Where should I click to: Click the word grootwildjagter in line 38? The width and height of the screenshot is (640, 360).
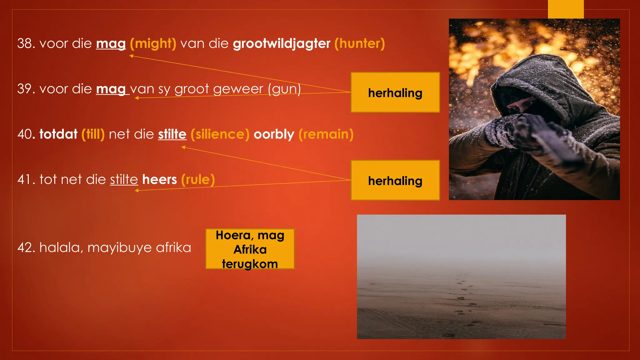pos(281,43)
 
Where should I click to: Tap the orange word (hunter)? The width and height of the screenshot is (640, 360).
pos(359,43)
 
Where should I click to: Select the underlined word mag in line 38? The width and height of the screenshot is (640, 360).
pos(111,43)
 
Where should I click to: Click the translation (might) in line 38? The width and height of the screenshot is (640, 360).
pos(153,43)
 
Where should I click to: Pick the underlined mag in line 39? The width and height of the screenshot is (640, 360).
pos(111,89)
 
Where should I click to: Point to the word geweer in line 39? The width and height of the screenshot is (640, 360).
pos(238,89)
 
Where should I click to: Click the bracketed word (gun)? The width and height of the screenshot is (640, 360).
pos(284,89)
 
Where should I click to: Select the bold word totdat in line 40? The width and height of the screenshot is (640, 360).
pos(58,134)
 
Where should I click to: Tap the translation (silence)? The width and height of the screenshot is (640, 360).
pos(220,134)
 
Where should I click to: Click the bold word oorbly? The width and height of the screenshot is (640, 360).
pos(274,134)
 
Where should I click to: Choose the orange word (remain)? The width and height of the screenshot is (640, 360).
pos(326,134)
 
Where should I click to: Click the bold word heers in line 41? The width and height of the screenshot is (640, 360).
pos(159,180)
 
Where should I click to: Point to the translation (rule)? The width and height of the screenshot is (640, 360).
pos(198,180)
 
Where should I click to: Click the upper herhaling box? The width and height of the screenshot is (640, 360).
pos(395,92)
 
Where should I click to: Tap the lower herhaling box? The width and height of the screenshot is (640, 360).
pos(395,180)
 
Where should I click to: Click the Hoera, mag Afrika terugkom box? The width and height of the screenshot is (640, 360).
pos(250,249)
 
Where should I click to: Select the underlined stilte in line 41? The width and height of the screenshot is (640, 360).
pos(124,180)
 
